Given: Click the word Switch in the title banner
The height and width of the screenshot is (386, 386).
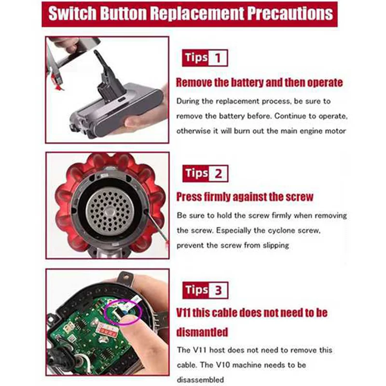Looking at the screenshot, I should click(78, 13).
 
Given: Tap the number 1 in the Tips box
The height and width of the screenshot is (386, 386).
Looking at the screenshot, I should click(218, 58).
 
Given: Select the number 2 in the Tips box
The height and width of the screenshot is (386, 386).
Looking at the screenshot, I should click(218, 173).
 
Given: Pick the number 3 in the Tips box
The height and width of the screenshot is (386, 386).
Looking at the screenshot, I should click(218, 290).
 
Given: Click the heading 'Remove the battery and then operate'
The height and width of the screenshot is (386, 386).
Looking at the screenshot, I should click(259, 82).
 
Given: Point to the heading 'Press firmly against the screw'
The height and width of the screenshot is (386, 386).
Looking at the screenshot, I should click(245, 197).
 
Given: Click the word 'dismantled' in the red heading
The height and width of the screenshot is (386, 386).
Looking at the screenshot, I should click(202, 332).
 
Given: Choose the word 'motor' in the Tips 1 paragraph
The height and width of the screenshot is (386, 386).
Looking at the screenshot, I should click(334, 131).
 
